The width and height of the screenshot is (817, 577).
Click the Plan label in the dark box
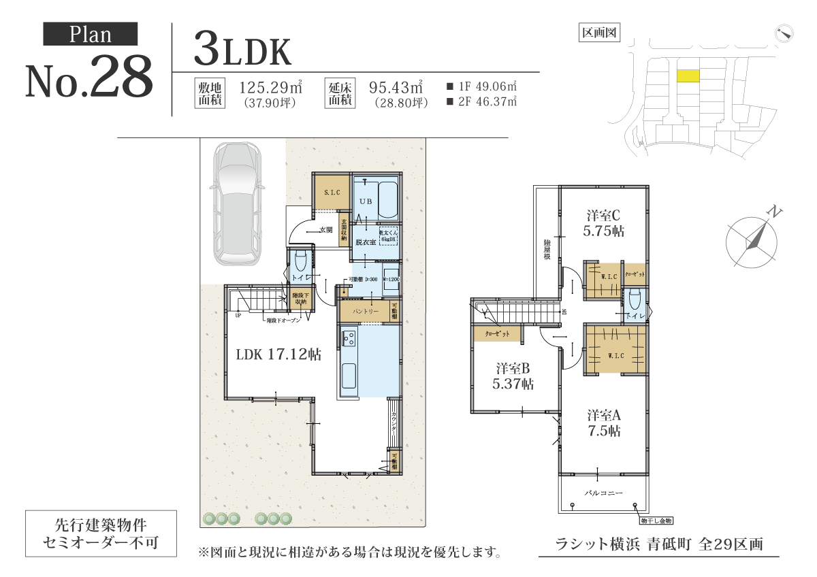click(x=91, y=35)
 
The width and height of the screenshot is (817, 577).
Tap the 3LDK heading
click(x=242, y=49)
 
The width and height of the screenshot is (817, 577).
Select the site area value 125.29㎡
click(x=271, y=88)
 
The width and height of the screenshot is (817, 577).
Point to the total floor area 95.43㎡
click(x=396, y=88)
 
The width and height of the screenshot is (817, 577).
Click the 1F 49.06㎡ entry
click(x=481, y=86)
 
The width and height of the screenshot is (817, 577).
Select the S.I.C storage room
click(x=332, y=193)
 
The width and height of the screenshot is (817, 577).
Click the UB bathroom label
click(x=366, y=202)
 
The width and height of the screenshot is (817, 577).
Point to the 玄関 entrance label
click(x=325, y=230)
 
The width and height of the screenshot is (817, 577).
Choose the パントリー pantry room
click(x=365, y=311)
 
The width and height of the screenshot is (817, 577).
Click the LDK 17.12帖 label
click(x=278, y=354)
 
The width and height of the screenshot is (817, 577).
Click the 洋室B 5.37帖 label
click(x=513, y=376)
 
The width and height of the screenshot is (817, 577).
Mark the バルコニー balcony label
click(x=604, y=491)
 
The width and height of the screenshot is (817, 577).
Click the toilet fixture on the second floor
click(x=635, y=300)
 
